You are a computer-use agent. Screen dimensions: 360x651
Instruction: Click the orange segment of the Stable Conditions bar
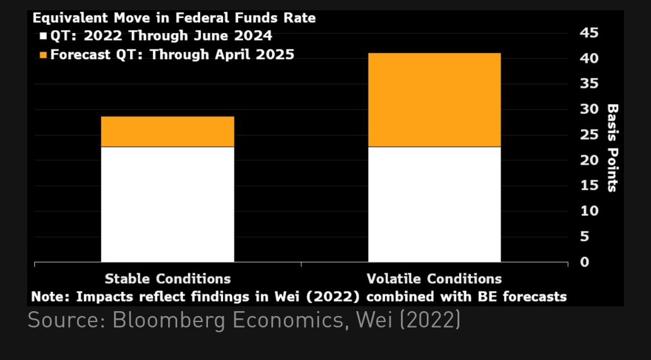click(x=168, y=131)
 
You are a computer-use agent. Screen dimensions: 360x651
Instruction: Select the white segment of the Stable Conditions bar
click(x=168, y=204)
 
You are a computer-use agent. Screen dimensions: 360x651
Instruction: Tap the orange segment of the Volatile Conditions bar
click(x=434, y=99)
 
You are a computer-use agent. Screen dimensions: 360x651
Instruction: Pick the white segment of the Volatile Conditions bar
click(x=434, y=204)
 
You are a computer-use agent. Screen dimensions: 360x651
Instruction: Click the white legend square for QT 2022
click(x=43, y=37)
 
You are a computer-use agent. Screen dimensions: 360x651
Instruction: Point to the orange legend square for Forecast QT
click(x=43, y=55)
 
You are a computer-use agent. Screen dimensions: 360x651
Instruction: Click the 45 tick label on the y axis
click(x=590, y=33)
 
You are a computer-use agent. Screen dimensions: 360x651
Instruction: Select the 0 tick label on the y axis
click(x=584, y=262)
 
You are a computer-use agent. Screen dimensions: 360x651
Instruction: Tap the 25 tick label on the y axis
click(x=590, y=135)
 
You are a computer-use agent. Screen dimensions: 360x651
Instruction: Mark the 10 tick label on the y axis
click(x=590, y=212)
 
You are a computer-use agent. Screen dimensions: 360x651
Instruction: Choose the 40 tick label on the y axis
click(x=590, y=59)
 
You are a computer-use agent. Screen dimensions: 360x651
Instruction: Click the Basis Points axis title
click(x=612, y=148)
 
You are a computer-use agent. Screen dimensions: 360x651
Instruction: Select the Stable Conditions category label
click(x=168, y=279)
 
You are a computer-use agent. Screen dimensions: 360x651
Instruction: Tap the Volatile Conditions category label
click(x=434, y=279)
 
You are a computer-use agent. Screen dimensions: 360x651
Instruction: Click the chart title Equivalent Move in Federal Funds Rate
click(x=174, y=18)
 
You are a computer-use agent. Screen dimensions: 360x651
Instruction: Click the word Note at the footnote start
click(x=47, y=297)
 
